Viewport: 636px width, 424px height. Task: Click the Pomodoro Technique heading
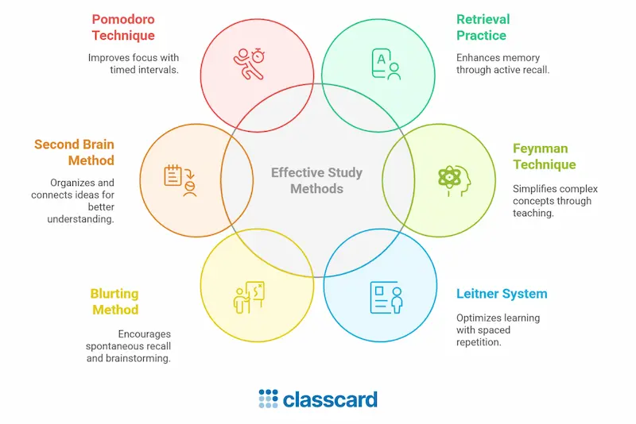coord(123,27)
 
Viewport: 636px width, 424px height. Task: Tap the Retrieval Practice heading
coord(483,27)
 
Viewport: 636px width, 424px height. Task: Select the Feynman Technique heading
coord(544,156)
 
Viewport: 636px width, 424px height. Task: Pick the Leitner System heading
coord(502,294)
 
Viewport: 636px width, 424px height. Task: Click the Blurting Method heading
coord(114,302)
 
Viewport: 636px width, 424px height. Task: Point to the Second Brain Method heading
coord(74,152)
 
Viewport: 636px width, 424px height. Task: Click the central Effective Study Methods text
coord(316,180)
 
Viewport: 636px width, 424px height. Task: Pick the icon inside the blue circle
coord(386,296)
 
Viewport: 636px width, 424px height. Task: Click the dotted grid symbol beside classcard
coord(268,399)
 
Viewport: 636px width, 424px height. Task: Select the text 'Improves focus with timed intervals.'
coord(134,64)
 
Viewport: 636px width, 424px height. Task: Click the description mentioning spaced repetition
coord(498,330)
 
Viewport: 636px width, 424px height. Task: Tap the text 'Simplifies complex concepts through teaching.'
coord(555,201)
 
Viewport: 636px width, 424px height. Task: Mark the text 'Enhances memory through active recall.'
coord(502,64)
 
